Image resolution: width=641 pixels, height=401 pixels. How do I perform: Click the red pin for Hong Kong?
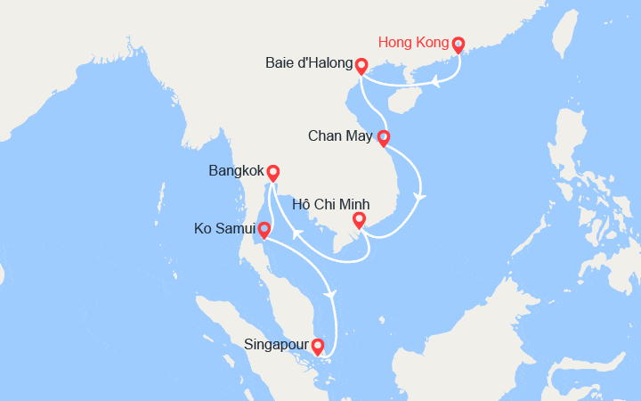[x=458, y=45]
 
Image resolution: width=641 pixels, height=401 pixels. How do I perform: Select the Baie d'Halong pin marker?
[x=361, y=67]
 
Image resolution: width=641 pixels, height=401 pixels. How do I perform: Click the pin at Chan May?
[x=384, y=138]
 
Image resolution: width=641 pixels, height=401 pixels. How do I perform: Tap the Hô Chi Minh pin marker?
[x=359, y=220]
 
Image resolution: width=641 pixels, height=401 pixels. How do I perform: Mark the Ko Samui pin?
[x=264, y=231]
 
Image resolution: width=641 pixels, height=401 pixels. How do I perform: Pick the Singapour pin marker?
[x=317, y=346]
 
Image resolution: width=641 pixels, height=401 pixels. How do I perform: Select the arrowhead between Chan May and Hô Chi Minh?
[x=421, y=197]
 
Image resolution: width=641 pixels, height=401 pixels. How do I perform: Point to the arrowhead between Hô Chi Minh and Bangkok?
[x=295, y=233]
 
